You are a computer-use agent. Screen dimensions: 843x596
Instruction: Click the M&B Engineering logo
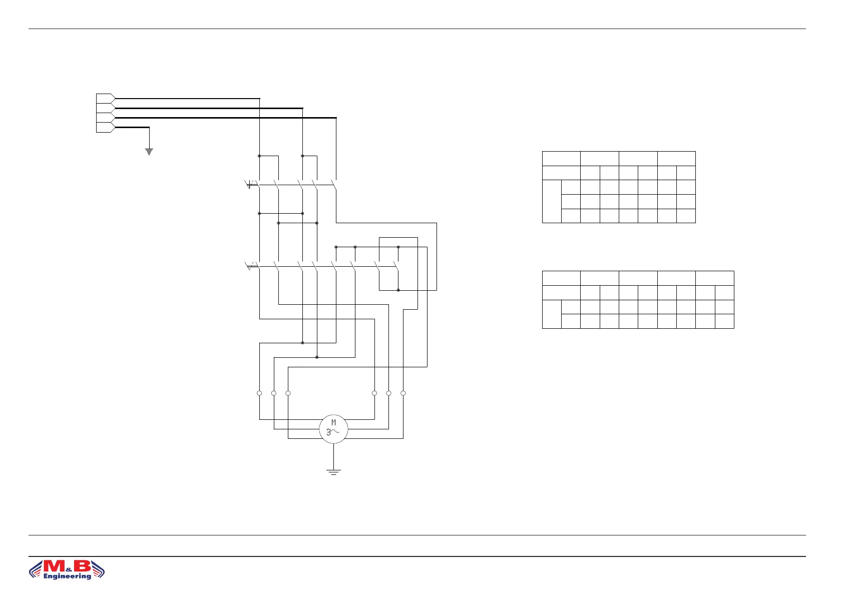pyautogui.click(x=67, y=569)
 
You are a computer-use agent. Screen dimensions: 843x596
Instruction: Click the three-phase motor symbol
pyautogui.click(x=333, y=429)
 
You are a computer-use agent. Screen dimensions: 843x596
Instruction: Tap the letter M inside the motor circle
pyautogui.click(x=333, y=423)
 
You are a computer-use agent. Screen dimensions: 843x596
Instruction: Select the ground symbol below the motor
pyautogui.click(x=333, y=471)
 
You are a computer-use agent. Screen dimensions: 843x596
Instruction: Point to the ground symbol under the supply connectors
pyautogui.click(x=149, y=152)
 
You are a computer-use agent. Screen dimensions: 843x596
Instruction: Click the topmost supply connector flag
pyautogui.click(x=105, y=98)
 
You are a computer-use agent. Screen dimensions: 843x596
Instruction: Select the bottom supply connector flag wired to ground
pyautogui.click(x=105, y=127)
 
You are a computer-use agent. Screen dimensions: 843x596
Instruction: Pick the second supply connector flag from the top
pyautogui.click(x=105, y=108)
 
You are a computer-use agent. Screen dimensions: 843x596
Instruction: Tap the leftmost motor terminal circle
pyautogui.click(x=259, y=393)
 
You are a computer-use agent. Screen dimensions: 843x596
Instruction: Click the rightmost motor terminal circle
pyautogui.click(x=403, y=393)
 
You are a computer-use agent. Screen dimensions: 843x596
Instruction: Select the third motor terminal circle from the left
pyautogui.click(x=288, y=393)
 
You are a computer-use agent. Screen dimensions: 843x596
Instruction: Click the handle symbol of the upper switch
pyautogui.click(x=250, y=185)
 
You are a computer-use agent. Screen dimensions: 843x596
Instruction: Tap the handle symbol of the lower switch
pyautogui.click(x=250, y=266)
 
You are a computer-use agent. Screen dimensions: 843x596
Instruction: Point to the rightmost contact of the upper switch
pyautogui.click(x=334, y=185)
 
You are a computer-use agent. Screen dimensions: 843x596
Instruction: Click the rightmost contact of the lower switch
pyautogui.click(x=396, y=267)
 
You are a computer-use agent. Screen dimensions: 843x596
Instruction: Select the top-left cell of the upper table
pyautogui.click(x=561, y=158)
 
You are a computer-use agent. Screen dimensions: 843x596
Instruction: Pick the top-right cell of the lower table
pyautogui.click(x=714, y=278)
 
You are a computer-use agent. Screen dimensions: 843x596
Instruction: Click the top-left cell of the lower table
pyautogui.click(x=561, y=278)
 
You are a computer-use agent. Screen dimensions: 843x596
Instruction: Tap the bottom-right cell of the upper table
pyautogui.click(x=686, y=216)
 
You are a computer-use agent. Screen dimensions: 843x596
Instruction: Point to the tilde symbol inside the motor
pyautogui.click(x=336, y=432)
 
